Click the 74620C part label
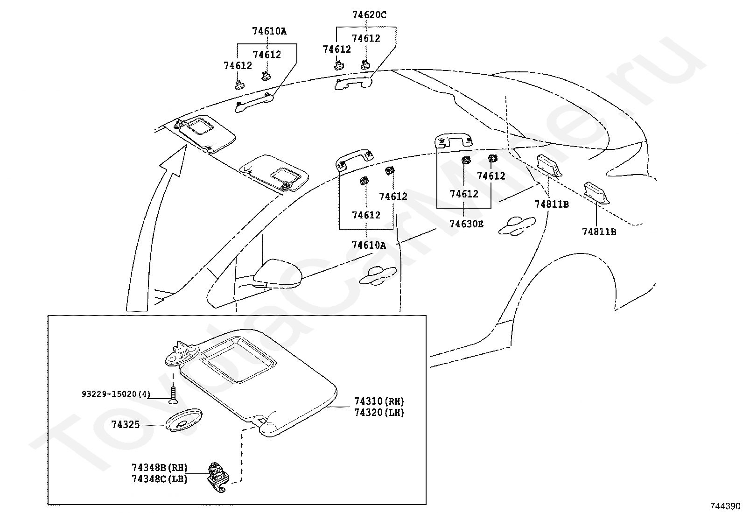369,15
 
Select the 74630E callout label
466,224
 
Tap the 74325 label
126,424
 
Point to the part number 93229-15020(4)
116,394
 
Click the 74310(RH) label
379,401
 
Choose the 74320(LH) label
379,413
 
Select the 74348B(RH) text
160,468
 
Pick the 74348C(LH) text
160,479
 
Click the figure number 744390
725,506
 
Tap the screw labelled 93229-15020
173,395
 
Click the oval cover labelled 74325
183,420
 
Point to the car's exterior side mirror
278,274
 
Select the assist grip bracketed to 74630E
454,141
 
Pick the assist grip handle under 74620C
353,83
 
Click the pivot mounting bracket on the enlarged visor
182,354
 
